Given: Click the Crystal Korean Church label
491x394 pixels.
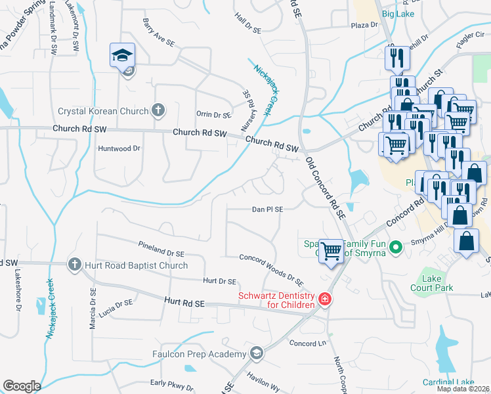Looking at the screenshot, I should [x=103, y=111].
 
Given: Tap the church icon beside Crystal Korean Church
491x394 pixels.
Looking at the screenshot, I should [x=158, y=110].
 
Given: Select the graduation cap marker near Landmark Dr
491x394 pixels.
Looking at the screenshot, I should [x=123, y=56].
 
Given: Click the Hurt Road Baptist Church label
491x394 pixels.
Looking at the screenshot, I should [x=135, y=265].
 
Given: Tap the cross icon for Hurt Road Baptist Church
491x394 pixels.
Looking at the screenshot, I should [x=74, y=265].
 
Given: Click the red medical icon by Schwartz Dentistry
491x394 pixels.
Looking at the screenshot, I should [x=324, y=300].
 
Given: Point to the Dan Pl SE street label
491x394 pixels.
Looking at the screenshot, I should [x=267, y=209].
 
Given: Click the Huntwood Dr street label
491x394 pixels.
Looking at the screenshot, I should [x=119, y=148].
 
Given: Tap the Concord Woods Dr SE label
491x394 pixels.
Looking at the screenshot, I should [x=271, y=270].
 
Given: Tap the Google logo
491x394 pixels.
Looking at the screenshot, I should [x=22, y=386].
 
